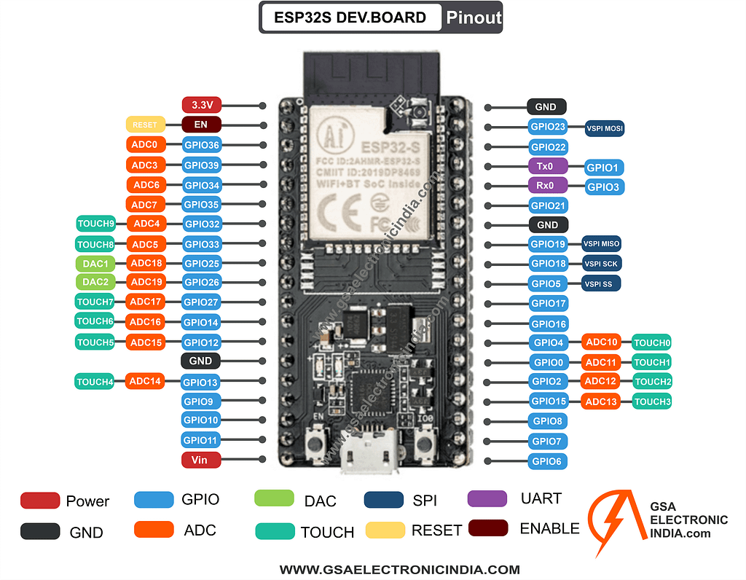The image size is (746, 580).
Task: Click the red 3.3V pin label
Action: [201, 105]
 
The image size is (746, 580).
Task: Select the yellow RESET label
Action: [145, 125]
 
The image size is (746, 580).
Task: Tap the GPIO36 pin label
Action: [201, 145]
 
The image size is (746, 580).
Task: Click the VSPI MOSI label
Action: [605, 128]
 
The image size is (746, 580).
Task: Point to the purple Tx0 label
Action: [546, 166]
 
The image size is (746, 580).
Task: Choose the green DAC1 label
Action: [95, 263]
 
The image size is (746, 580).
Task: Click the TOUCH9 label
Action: [95, 224]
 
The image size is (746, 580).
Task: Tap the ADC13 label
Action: [601, 401]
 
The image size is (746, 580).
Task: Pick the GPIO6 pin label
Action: [548, 461]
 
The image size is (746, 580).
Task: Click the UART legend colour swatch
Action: [487, 499]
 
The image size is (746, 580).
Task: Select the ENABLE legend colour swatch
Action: [488, 528]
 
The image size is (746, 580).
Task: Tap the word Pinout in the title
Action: [473, 17]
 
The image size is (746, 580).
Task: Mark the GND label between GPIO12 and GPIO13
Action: [200, 361]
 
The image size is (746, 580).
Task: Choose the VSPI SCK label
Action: [602, 264]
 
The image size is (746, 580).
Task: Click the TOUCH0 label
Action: [651, 342]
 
